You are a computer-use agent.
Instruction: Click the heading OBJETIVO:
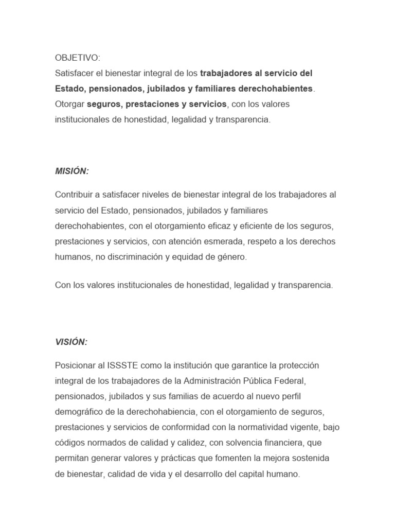[x=78, y=58]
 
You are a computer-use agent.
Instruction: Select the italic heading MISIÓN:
[x=72, y=171]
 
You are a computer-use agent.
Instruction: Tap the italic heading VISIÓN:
[x=71, y=342]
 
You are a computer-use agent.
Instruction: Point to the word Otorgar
[x=70, y=104]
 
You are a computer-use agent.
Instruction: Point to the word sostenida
[x=310, y=458]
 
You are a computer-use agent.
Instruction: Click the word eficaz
[x=201, y=225]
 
